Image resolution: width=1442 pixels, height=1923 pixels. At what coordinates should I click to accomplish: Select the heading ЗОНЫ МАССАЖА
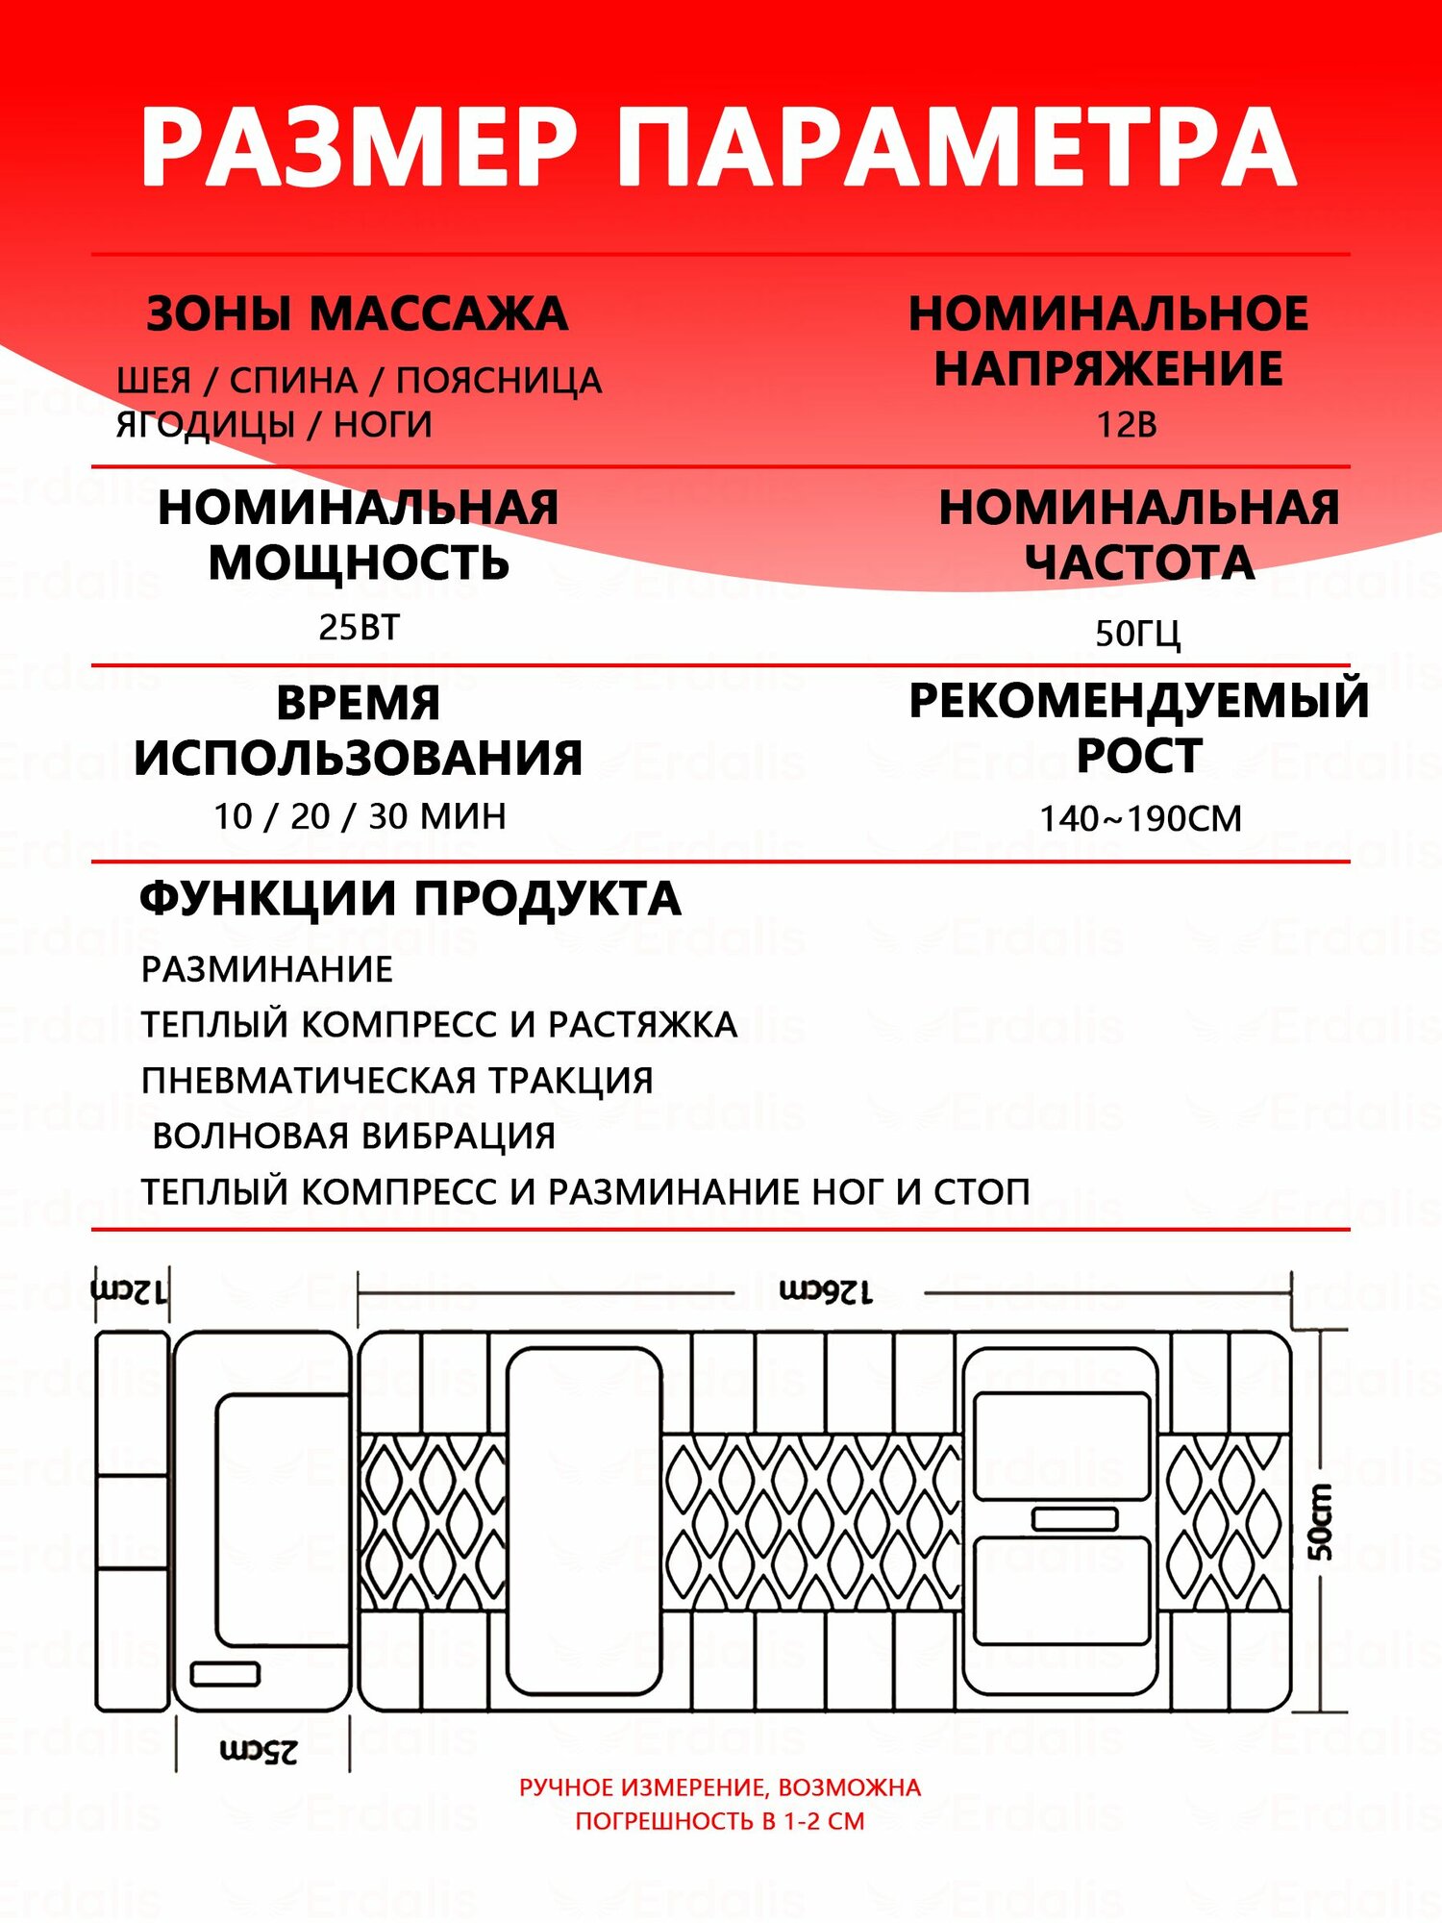[357, 314]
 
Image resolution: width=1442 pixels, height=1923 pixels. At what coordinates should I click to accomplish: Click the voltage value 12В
[1127, 424]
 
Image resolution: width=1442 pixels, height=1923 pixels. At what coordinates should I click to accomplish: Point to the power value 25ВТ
[359, 627]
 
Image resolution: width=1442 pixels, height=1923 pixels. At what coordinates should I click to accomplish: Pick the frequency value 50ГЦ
[1137, 633]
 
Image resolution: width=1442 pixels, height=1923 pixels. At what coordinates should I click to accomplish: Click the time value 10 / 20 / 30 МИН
[360, 816]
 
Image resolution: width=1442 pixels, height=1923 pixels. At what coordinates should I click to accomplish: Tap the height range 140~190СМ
[1140, 818]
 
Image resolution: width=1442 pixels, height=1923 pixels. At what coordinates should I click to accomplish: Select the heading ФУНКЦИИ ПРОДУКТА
[410, 899]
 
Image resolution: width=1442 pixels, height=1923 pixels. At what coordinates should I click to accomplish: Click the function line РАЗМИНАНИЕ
[267, 969]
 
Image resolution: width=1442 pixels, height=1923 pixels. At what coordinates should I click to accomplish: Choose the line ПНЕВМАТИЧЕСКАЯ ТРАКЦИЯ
[397, 1081]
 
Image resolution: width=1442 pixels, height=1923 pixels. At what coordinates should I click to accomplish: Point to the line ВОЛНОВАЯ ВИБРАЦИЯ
[354, 1136]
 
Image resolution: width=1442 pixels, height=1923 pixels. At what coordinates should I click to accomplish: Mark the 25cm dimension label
[259, 1751]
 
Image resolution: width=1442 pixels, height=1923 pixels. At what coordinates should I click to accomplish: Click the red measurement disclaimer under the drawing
[720, 1804]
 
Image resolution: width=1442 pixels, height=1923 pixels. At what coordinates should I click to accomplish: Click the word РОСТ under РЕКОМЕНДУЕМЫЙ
[1139, 756]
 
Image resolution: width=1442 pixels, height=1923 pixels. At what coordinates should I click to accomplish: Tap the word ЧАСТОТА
[1139, 562]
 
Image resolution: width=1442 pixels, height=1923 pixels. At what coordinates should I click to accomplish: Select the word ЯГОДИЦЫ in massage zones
[205, 424]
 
